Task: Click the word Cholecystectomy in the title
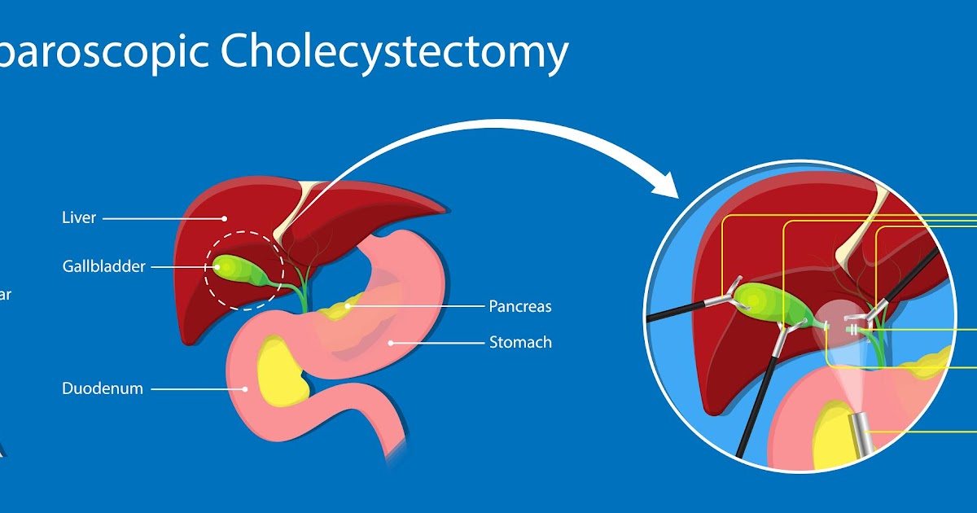(394, 53)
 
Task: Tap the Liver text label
(79, 218)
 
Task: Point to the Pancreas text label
(519, 306)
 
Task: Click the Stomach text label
(519, 342)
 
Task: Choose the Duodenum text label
(103, 388)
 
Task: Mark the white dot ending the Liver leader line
(226, 218)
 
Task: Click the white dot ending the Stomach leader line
(391, 342)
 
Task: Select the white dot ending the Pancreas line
(348, 306)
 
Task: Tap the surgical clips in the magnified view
(852, 329)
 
